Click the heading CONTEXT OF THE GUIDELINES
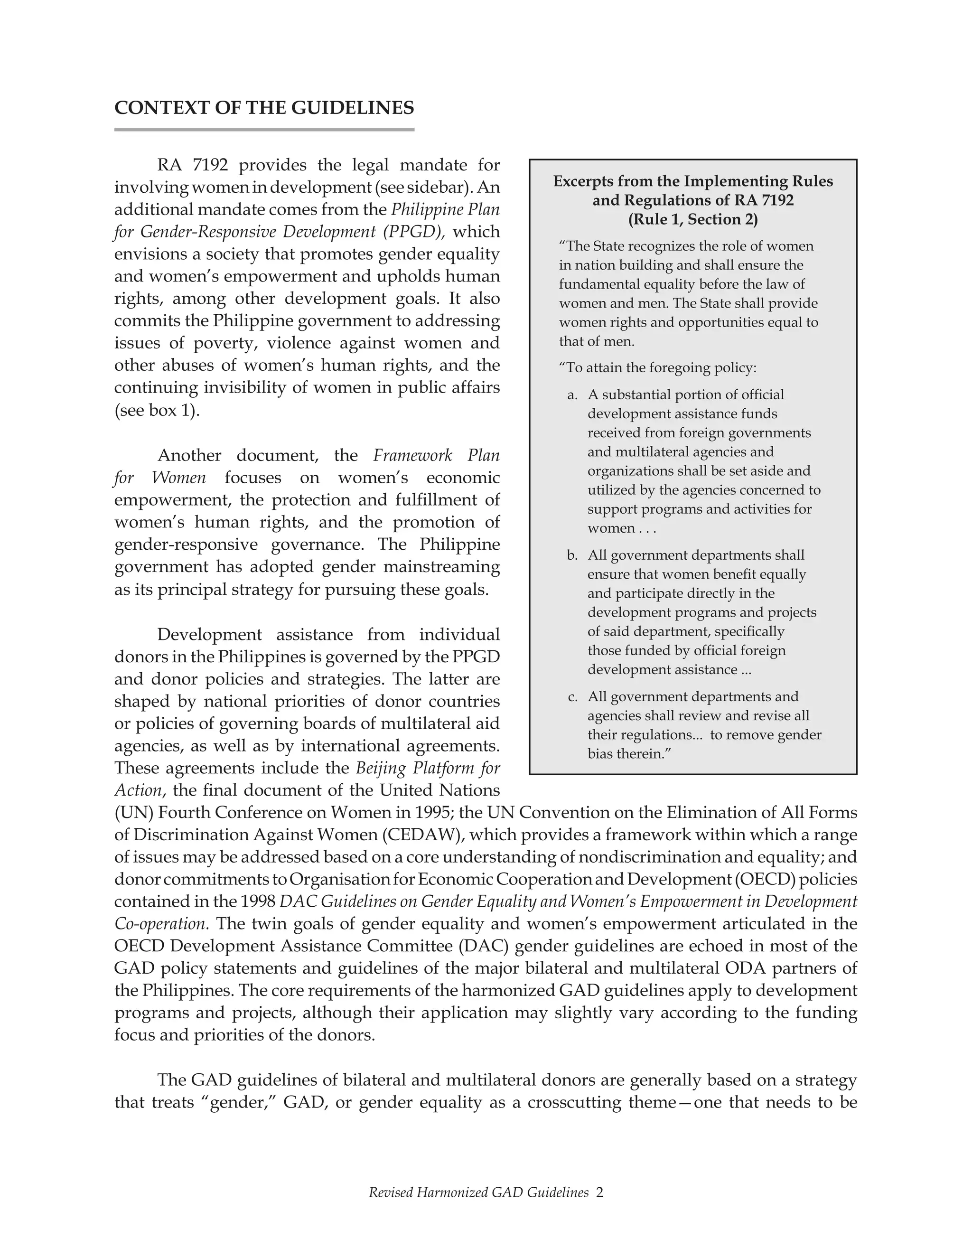(x=264, y=108)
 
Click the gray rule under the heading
(x=264, y=130)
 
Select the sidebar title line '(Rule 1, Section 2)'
(x=693, y=219)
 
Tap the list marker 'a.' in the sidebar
(x=572, y=395)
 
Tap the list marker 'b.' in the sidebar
(x=572, y=556)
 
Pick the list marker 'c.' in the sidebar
(x=572, y=697)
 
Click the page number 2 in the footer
(x=599, y=1192)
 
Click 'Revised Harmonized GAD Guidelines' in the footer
(x=478, y=1192)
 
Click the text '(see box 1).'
(x=157, y=411)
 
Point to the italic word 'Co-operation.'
(x=162, y=924)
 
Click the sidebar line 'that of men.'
(x=597, y=342)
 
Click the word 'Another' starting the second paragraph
(x=189, y=456)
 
